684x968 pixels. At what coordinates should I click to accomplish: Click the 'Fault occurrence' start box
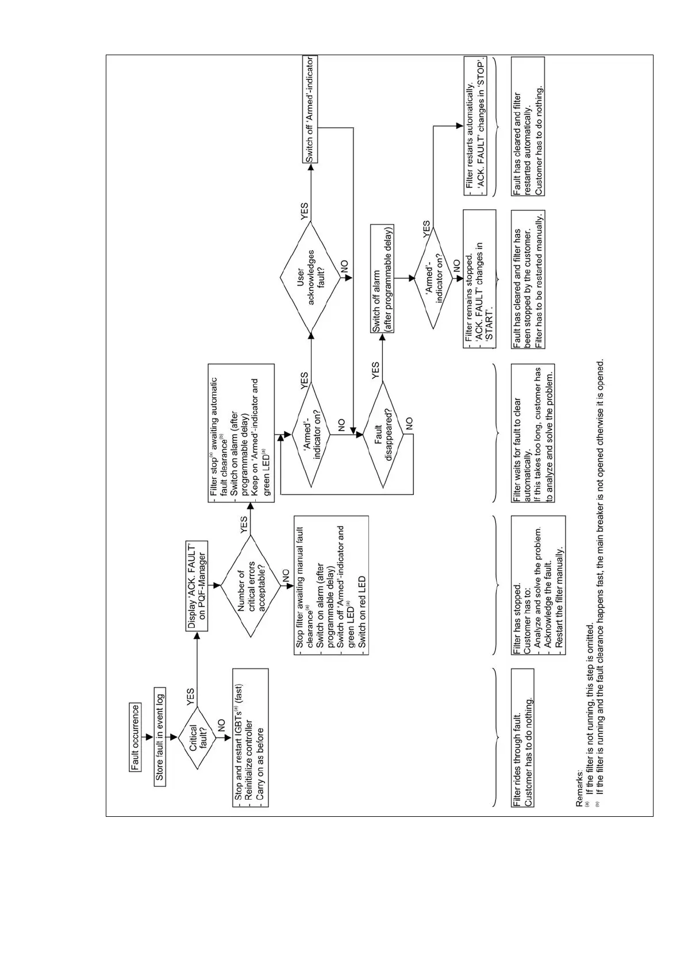[136, 737]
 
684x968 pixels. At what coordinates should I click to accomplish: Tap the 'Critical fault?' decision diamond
[195, 737]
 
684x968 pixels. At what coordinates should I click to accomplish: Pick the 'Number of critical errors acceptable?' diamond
[251, 585]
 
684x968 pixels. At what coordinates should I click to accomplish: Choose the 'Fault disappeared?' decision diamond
[383, 434]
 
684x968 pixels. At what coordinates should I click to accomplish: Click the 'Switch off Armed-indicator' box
[310, 109]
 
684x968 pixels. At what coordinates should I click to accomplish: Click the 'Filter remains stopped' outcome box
[479, 278]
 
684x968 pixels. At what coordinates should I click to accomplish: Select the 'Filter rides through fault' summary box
[522, 737]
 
